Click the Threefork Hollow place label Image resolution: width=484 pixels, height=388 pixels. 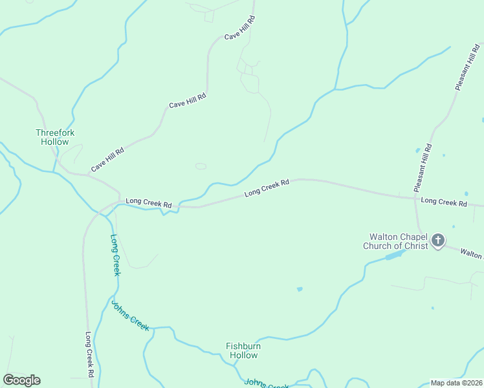55,137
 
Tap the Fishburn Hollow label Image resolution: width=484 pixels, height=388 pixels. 243,350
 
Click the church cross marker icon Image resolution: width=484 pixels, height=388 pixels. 438,241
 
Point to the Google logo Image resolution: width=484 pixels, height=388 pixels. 21,380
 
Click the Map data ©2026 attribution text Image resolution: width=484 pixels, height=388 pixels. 456,383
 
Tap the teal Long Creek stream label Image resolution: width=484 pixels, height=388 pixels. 115,255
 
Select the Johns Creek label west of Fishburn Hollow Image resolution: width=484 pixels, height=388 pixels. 130,316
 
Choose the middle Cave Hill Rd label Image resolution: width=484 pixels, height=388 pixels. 187,100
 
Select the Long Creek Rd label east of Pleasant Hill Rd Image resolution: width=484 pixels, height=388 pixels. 444,202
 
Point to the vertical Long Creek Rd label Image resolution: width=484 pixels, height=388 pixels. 90,354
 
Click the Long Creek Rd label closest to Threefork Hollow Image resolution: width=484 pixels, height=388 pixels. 148,203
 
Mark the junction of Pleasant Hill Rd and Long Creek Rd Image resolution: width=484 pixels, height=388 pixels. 415,198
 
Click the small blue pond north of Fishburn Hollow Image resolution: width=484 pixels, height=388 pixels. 300,289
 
